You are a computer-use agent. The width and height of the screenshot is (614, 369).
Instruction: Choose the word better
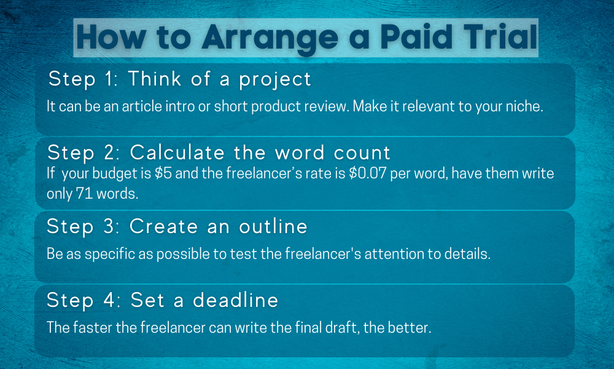click(411, 327)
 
